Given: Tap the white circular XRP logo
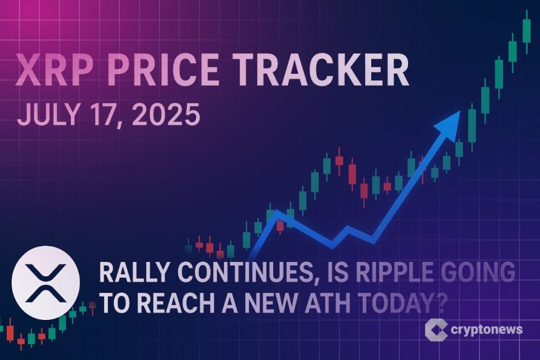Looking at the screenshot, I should pyautogui.click(x=45, y=278).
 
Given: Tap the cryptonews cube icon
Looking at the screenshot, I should pyautogui.click(x=436, y=330).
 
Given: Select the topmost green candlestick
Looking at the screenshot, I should pyautogui.click(x=526, y=30).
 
